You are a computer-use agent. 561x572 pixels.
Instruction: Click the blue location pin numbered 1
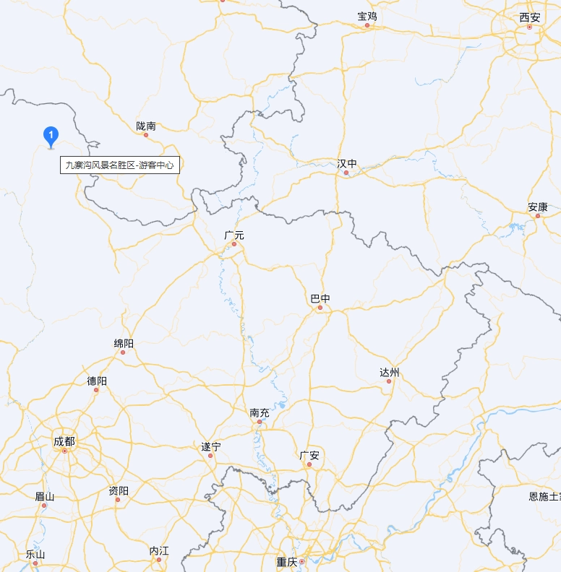pyautogui.click(x=51, y=135)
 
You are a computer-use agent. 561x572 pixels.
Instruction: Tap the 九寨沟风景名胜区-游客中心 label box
pyautogui.click(x=120, y=165)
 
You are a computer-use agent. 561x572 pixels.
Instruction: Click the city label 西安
pyautogui.click(x=529, y=17)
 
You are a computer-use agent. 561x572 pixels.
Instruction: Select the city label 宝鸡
pyautogui.click(x=367, y=16)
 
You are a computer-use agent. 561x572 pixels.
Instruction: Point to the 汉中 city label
pyautogui.click(x=347, y=164)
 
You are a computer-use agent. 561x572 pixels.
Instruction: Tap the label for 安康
pyautogui.click(x=537, y=207)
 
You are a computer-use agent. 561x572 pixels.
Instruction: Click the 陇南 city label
pyautogui.click(x=146, y=126)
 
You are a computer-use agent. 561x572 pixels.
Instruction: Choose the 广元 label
pyautogui.click(x=234, y=235)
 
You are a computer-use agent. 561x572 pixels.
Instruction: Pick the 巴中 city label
pyautogui.click(x=320, y=298)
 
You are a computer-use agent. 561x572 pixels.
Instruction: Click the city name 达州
pyautogui.click(x=389, y=373)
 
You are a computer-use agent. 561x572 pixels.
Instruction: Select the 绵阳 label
pyautogui.click(x=124, y=343)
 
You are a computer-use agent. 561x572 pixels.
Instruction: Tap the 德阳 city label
pyautogui.click(x=97, y=381)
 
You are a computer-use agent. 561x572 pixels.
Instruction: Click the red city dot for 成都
pyautogui.click(x=64, y=451)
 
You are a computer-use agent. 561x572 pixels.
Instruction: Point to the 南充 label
pyautogui.click(x=260, y=412)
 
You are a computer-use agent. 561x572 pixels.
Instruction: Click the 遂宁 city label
pyautogui.click(x=210, y=446)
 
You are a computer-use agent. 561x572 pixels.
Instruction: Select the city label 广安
pyautogui.click(x=309, y=455)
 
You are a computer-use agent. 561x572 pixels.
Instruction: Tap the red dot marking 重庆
pyautogui.click(x=302, y=561)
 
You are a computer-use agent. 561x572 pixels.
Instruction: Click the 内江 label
pyautogui.click(x=159, y=551)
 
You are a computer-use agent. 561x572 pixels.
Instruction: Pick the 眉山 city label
pyautogui.click(x=45, y=496)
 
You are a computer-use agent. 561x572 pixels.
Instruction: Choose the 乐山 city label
pyautogui.click(x=35, y=554)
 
